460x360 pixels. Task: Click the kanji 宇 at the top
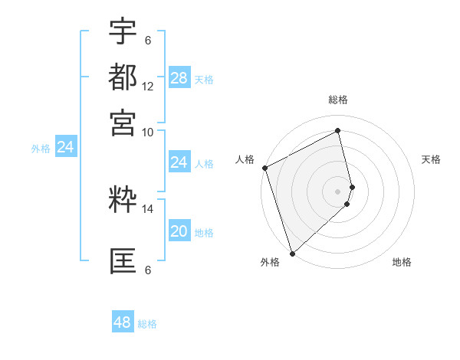coord(123,32)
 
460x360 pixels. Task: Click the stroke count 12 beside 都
coord(148,87)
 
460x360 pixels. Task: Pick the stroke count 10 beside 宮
coord(148,131)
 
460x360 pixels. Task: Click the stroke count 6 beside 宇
coord(148,40)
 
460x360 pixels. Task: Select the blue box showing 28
coord(179,78)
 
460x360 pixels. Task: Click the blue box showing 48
coord(123,322)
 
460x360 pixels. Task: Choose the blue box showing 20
coord(179,231)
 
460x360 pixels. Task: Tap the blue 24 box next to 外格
coord(66,147)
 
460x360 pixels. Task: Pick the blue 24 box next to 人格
coord(179,162)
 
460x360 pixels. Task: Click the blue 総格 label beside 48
coord(147,324)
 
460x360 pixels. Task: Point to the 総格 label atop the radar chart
coord(338,100)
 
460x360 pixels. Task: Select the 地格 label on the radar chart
coord(402,263)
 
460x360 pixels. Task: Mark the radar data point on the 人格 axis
coord(264,168)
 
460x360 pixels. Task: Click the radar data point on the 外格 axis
coord(292,253)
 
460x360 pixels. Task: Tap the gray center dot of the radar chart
coord(338,191)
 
